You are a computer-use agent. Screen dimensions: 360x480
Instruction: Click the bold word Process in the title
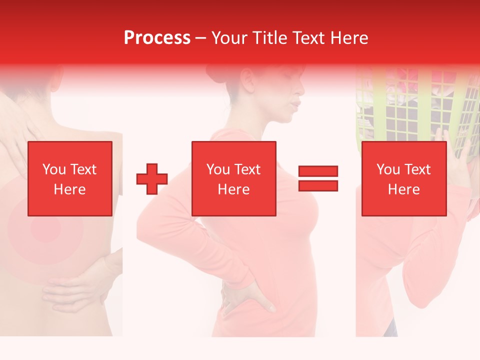click(x=157, y=37)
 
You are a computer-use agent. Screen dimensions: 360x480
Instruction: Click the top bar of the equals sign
click(x=318, y=171)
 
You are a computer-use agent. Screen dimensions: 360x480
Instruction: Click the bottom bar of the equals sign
click(x=318, y=185)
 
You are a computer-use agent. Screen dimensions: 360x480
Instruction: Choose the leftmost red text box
click(x=70, y=178)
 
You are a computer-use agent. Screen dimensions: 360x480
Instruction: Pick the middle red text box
click(x=233, y=178)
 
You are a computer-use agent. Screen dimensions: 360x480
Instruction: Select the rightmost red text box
click(x=403, y=178)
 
